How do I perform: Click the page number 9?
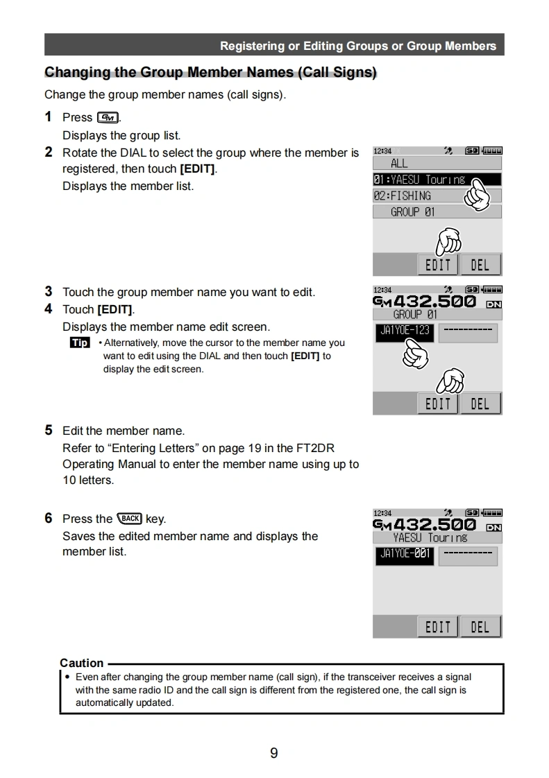point(273,753)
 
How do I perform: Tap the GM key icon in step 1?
point(108,118)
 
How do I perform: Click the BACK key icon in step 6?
point(130,519)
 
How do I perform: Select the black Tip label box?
point(80,343)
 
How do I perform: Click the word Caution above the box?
point(81,663)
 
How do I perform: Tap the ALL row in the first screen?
point(437,164)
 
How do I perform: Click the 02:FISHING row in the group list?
point(437,196)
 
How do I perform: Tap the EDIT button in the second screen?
point(438,404)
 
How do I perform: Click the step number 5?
point(49,430)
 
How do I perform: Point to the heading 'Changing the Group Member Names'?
point(210,73)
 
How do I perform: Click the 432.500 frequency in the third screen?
point(435,525)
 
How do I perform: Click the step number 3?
point(49,292)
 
